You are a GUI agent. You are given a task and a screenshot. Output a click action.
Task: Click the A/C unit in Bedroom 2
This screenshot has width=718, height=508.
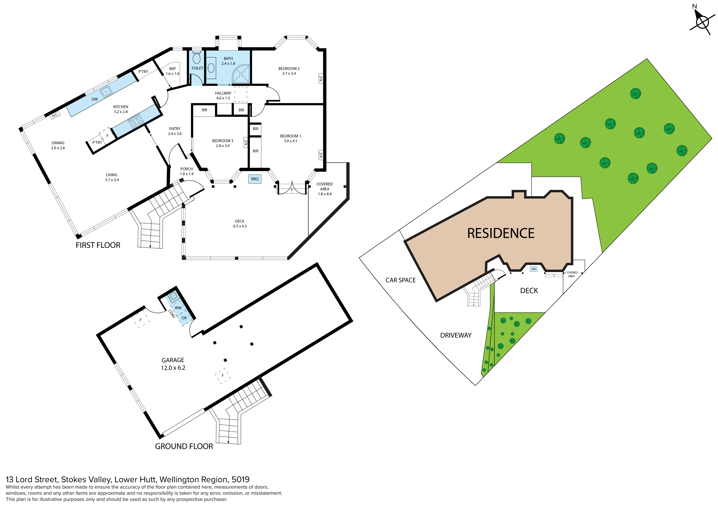tap(321, 78)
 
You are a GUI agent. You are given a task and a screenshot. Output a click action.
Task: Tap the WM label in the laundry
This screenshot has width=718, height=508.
tap(178, 308)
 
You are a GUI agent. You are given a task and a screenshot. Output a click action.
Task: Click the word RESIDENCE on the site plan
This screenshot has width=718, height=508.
tap(501, 233)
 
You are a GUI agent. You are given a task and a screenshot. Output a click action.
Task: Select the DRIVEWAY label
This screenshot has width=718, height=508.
tap(456, 335)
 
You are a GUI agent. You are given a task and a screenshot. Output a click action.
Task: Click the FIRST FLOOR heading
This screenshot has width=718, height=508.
tap(98, 245)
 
